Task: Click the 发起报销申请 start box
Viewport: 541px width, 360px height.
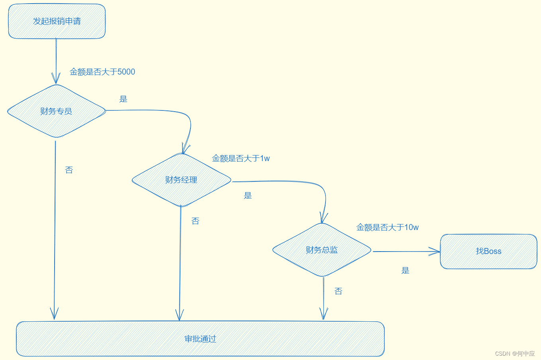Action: point(57,21)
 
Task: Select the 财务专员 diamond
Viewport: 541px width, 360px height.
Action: point(56,111)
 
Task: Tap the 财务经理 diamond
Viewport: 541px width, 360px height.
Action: point(181,180)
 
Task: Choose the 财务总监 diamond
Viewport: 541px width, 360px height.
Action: point(322,250)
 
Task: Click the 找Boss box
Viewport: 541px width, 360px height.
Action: point(488,251)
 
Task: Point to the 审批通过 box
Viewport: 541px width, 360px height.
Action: point(200,339)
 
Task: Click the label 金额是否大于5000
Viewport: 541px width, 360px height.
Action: point(102,72)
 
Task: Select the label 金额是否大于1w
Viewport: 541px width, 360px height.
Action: point(241,158)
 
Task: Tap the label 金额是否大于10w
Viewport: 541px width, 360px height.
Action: point(387,227)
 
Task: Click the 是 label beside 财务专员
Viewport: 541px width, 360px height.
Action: point(123,99)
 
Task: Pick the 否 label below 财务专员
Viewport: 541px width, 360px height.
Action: point(69,170)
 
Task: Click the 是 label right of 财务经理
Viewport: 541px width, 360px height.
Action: point(248,195)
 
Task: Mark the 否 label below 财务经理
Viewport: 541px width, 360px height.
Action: point(195,221)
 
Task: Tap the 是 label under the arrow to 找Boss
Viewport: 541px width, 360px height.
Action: point(405,271)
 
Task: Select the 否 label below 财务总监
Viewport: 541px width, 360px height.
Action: point(338,291)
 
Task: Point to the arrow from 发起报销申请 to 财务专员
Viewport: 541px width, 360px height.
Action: point(56,60)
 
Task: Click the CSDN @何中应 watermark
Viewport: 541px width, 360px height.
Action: point(515,354)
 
